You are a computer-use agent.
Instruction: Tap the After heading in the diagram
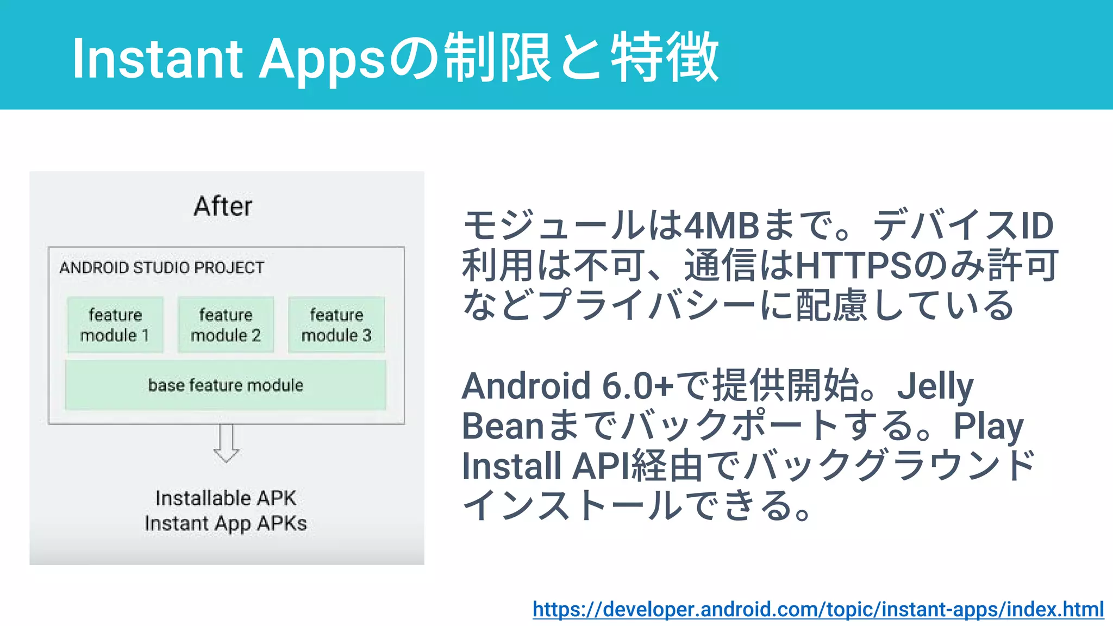pos(223,206)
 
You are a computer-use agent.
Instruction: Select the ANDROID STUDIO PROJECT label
pos(161,267)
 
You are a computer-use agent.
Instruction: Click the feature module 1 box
pos(115,325)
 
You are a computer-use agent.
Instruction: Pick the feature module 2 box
pos(226,325)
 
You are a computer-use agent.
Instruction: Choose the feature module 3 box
pos(336,325)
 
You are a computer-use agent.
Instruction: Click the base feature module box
pos(226,385)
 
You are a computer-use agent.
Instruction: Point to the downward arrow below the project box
pos(226,443)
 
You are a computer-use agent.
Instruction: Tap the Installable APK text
pos(226,498)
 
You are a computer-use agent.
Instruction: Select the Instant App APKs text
pos(226,523)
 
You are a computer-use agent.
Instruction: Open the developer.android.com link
pos(818,609)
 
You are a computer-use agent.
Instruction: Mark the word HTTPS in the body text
pos(853,265)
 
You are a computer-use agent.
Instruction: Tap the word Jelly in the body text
pos(935,386)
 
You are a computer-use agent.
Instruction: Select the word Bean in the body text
pos(503,426)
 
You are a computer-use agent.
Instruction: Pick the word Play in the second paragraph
pos(989,426)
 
